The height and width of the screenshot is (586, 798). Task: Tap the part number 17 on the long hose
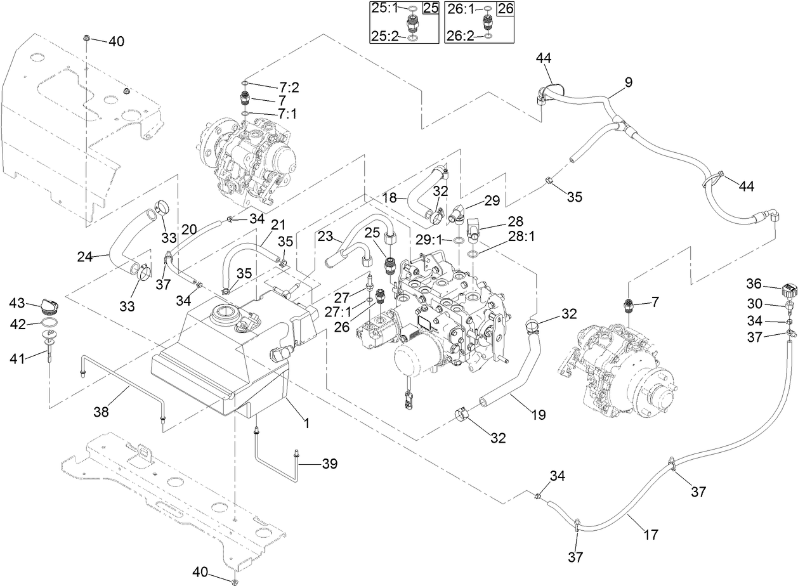tap(650, 535)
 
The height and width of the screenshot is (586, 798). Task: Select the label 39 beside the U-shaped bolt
tap(329, 464)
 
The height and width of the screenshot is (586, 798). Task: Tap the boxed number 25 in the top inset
tap(431, 8)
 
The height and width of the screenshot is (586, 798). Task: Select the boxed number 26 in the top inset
tap(505, 8)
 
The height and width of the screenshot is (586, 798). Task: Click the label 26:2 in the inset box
tap(460, 37)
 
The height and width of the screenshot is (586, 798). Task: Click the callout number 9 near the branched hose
tap(629, 82)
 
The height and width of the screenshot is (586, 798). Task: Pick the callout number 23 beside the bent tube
tap(325, 235)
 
